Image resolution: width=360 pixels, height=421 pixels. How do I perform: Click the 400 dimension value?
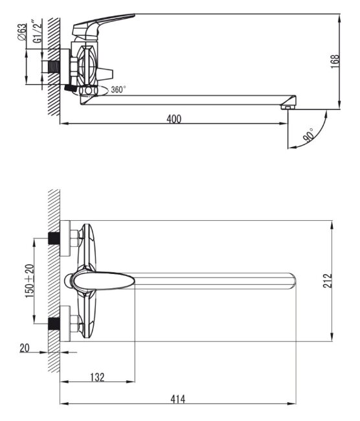tap(174, 119)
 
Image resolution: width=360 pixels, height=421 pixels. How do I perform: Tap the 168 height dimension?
tap(335, 62)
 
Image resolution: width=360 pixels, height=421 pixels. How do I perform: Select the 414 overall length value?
tap(177, 399)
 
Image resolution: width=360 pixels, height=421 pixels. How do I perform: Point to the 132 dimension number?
tap(97, 377)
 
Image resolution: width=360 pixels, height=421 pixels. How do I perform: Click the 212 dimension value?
tap(327, 281)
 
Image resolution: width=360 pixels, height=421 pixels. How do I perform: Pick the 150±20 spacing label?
tap(30, 281)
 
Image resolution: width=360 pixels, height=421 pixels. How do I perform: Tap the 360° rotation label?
tap(118, 89)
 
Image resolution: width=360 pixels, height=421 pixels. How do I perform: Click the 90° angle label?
tap(309, 135)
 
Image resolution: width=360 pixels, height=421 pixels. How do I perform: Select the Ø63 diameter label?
tap(22, 32)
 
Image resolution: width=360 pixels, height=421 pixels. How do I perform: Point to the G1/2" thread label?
tap(38, 31)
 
